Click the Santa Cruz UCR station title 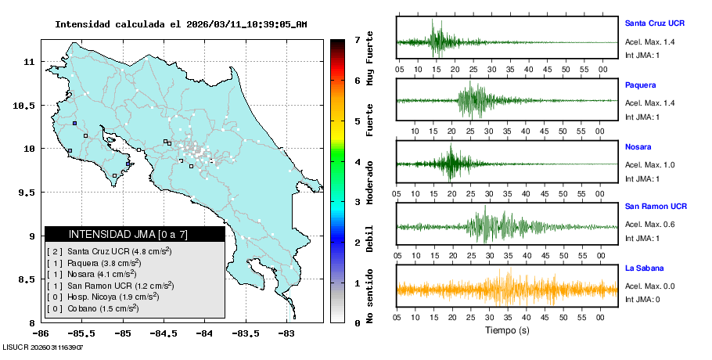(x=654, y=23)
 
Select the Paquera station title (x=641, y=85)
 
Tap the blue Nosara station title (x=639, y=146)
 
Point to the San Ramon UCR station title (x=656, y=207)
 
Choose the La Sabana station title (x=644, y=268)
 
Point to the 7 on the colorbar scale (x=357, y=39)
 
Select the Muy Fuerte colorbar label (x=370, y=58)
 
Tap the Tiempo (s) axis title (x=507, y=330)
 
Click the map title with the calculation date (x=181, y=24)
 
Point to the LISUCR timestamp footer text (x=43, y=347)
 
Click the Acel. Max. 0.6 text (x=650, y=225)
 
